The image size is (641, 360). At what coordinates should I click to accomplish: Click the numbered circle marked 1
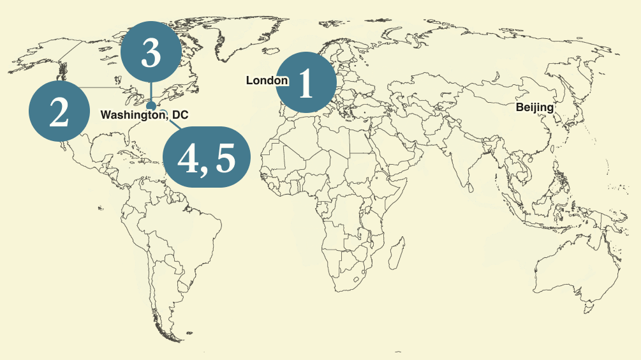point(306,82)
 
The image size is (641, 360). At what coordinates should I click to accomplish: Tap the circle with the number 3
point(151,51)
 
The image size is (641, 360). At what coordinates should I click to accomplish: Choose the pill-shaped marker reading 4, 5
point(206,157)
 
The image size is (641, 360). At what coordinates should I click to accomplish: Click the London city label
point(267,80)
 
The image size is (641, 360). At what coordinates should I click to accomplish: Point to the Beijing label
point(534,107)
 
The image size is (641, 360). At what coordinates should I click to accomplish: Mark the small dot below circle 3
point(151,105)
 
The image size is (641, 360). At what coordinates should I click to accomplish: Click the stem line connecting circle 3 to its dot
point(151,91)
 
